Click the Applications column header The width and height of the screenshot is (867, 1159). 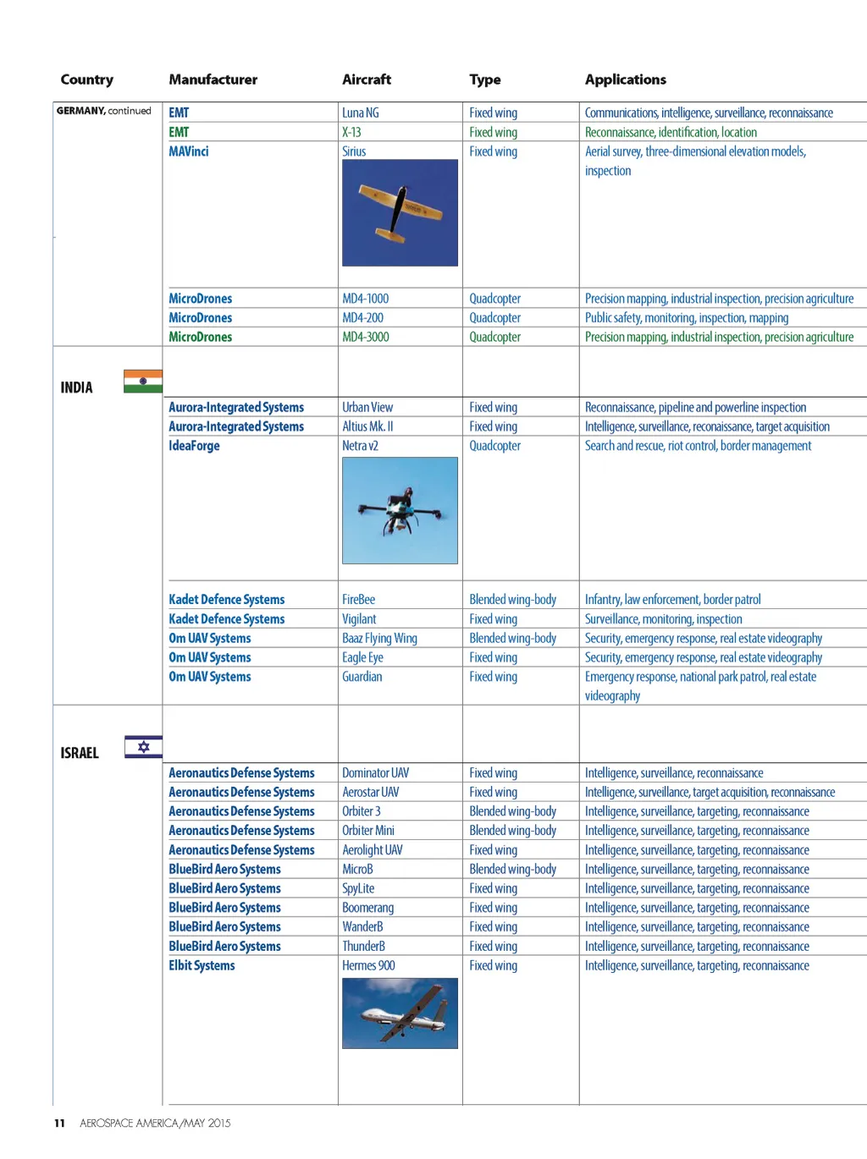point(625,80)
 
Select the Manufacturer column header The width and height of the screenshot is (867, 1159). point(213,80)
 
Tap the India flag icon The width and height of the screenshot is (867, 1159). point(142,382)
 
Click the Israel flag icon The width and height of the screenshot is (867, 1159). point(143,747)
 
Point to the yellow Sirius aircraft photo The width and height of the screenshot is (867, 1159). point(400,213)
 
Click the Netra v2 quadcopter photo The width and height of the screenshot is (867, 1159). point(400,511)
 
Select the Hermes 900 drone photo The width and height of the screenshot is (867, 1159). point(400,1013)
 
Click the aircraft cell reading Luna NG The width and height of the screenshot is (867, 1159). point(361,113)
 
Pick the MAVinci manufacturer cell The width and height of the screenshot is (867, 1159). point(188,151)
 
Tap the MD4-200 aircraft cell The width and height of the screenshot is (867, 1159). point(362,318)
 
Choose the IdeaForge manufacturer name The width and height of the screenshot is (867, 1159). point(194,446)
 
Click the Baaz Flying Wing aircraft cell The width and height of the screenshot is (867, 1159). point(379,639)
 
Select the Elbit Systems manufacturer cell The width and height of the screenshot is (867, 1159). point(202,965)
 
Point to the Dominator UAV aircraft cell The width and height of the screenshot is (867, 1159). point(375,773)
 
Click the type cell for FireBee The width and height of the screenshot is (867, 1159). point(512,600)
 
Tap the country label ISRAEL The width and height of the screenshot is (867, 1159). point(80,753)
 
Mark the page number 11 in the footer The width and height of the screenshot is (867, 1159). point(59,1123)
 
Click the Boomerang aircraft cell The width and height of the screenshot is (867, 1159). point(367,908)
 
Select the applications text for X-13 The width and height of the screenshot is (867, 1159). point(671,132)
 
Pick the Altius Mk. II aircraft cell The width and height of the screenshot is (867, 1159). point(367,427)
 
